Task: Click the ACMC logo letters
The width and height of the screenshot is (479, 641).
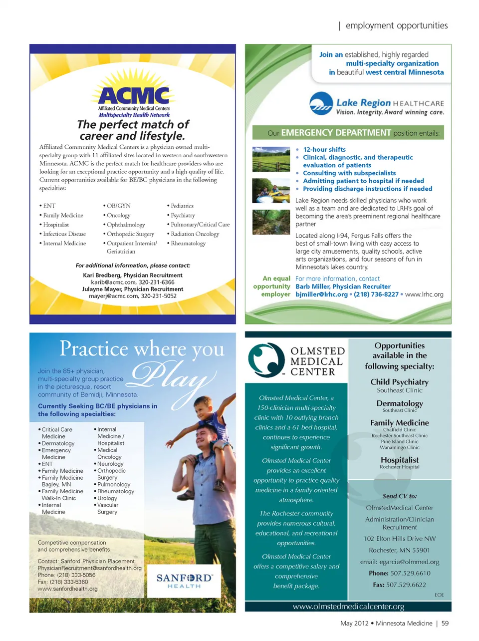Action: pos(134,95)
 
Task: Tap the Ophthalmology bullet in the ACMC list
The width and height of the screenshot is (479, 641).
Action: pos(126,225)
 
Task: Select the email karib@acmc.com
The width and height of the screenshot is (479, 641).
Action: pos(114,282)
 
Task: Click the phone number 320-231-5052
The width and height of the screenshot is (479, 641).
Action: pos(159,296)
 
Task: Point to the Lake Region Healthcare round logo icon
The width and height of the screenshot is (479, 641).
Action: pos(321,104)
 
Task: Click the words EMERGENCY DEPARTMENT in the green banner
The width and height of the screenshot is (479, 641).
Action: pos(336,133)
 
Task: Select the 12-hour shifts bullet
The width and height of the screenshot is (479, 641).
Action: pos(324,149)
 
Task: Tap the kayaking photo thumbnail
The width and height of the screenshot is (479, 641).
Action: pos(271,190)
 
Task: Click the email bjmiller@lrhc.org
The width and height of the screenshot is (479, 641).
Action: pos(321,295)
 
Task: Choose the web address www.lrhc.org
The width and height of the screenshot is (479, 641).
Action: pos(424,295)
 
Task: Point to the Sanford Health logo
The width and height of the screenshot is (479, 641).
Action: pos(184,581)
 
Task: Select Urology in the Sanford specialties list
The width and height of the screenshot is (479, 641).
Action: pos(107,498)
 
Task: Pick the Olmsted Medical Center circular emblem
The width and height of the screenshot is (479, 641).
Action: pos(266,359)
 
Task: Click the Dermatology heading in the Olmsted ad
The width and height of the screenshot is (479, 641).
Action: pos(400,403)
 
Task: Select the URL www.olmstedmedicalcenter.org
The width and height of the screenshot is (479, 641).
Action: pos(348,607)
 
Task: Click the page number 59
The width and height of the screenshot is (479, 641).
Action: pos(445,623)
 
